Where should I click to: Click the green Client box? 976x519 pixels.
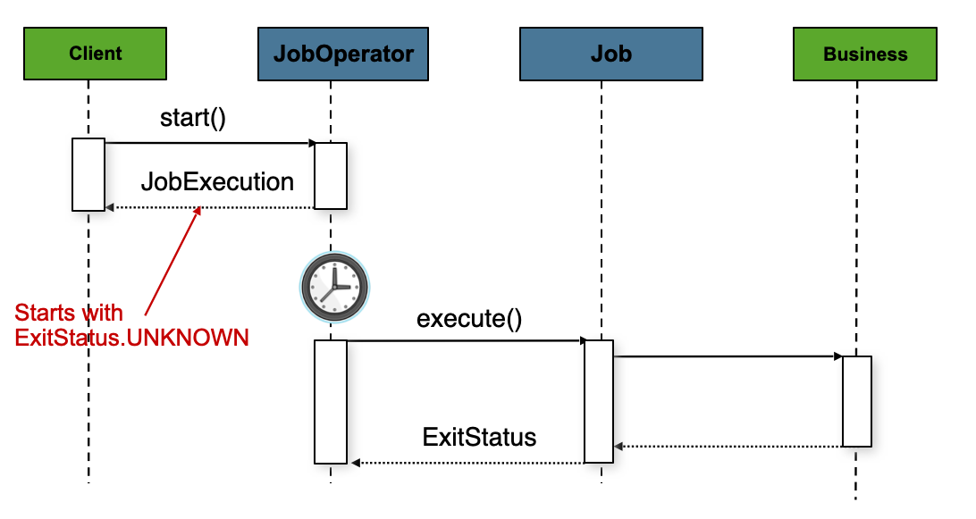click(96, 54)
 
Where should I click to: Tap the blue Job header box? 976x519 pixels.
click(610, 54)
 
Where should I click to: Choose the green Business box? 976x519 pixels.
click(865, 54)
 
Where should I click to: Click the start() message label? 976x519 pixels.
click(193, 118)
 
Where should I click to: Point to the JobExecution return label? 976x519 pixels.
click(217, 182)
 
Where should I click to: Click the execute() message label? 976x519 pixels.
click(469, 318)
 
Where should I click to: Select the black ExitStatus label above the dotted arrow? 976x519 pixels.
click(479, 437)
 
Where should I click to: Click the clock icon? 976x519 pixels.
click(332, 288)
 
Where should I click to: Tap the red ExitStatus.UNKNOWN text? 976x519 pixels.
click(131, 339)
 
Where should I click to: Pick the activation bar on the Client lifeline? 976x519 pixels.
click(88, 175)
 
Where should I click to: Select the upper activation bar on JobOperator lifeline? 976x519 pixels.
click(331, 175)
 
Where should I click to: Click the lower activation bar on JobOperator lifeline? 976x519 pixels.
click(331, 401)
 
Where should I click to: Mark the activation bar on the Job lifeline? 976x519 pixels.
click(599, 401)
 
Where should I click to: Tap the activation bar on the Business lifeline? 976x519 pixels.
click(856, 401)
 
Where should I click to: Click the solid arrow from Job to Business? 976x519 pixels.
click(728, 357)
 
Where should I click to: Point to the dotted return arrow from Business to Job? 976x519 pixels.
click(728, 445)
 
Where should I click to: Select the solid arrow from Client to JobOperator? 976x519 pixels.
click(210, 143)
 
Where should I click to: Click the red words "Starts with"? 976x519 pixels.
click(69, 314)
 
